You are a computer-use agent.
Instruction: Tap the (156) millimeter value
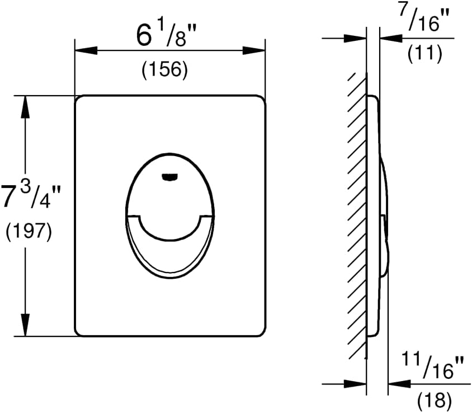pos(165,69)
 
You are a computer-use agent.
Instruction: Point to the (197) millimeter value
pos(29,232)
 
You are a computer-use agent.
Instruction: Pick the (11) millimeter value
pos(424,53)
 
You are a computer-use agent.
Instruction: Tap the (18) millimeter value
pos(435,401)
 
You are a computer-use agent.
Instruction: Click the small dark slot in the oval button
pos(170,177)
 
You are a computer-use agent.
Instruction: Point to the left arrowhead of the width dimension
pos(86,50)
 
